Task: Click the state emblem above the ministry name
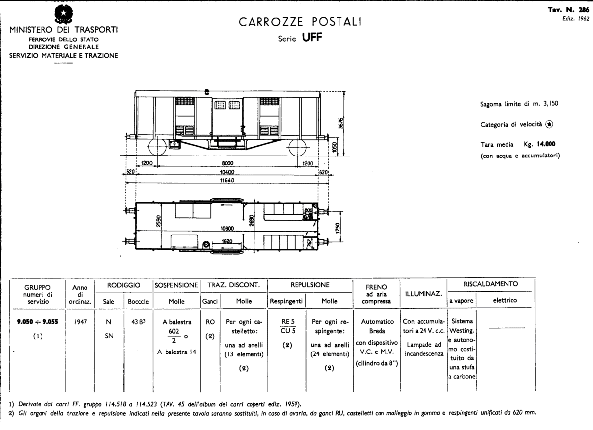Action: coord(63,13)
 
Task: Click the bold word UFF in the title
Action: coord(312,39)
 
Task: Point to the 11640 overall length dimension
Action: coord(226,181)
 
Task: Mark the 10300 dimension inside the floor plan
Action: coord(227,229)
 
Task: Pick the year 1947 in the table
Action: coord(80,321)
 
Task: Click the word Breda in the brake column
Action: coord(377,331)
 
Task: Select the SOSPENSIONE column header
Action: coord(176,285)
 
